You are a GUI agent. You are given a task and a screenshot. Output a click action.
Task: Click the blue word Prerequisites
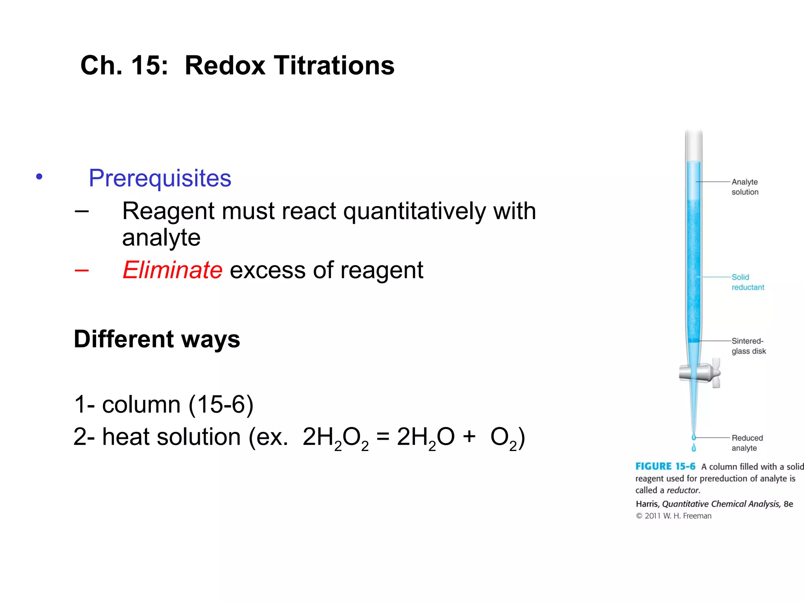(x=160, y=178)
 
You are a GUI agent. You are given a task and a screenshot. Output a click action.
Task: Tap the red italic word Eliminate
(x=172, y=270)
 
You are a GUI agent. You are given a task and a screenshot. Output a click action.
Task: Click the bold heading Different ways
(x=157, y=339)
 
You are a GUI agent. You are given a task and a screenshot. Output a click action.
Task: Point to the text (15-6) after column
(x=221, y=404)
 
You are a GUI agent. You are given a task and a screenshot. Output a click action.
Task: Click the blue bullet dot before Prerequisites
(x=39, y=177)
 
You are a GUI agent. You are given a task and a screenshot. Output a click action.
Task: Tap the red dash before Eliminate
(x=82, y=270)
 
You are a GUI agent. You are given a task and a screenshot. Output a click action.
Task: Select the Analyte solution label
(x=745, y=187)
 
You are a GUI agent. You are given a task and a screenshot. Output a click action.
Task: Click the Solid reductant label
(x=747, y=282)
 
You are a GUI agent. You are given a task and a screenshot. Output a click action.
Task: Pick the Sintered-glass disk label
(x=748, y=346)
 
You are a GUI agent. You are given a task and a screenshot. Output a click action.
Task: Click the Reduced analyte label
(x=747, y=443)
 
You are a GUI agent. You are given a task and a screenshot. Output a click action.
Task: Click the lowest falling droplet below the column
(x=694, y=448)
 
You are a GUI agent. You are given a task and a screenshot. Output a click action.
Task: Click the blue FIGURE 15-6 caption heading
(x=665, y=466)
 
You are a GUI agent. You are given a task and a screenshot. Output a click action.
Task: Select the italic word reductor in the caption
(x=683, y=490)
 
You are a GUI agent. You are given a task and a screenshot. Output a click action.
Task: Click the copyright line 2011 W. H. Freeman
(x=674, y=516)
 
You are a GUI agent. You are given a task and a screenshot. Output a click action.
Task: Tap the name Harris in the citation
(x=647, y=504)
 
